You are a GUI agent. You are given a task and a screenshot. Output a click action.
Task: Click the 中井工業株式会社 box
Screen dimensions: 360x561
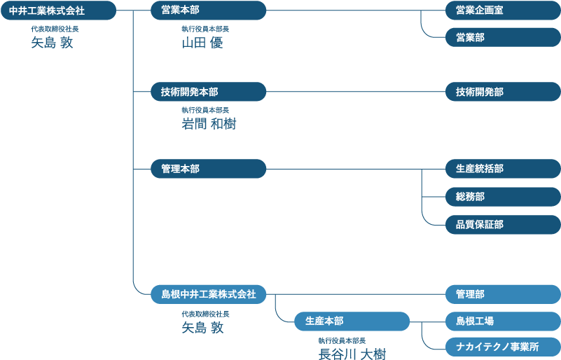[57, 11]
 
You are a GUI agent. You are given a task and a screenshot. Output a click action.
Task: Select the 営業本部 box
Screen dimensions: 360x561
[208, 11]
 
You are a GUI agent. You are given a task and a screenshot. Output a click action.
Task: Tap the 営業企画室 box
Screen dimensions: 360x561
[502, 11]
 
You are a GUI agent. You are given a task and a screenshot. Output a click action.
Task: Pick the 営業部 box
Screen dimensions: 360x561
[502, 37]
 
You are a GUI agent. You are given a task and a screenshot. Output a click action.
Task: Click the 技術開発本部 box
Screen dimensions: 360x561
[208, 92]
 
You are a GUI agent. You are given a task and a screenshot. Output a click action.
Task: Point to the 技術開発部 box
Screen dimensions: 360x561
[502, 92]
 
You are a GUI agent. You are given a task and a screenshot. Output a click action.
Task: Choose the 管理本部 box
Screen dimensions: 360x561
[208, 169]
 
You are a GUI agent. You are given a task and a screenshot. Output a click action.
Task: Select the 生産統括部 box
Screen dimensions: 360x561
[502, 169]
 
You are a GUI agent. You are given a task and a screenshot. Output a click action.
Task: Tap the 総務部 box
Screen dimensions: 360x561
[502, 197]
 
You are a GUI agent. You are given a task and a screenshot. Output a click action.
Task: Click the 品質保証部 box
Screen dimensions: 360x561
[502, 225]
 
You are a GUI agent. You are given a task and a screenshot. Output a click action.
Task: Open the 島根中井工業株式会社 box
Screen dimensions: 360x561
[208, 294]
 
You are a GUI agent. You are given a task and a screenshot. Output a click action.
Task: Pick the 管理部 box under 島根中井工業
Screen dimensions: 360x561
[502, 294]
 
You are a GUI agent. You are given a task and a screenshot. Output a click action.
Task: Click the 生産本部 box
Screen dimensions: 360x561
[352, 321]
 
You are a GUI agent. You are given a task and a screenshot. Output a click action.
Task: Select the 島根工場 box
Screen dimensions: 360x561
[502, 321]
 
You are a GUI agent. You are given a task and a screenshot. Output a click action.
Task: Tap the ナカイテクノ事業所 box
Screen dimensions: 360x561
[502, 346]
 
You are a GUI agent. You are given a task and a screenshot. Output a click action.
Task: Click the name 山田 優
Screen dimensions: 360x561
[202, 43]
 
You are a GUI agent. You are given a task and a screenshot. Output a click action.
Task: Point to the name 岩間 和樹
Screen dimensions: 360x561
[209, 124]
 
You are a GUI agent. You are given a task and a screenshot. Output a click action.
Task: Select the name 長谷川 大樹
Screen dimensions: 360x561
[352, 353]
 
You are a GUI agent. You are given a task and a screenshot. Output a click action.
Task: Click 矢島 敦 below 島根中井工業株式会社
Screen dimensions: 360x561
[202, 327]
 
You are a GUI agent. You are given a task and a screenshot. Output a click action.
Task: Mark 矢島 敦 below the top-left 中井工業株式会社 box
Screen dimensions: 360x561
[52, 43]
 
